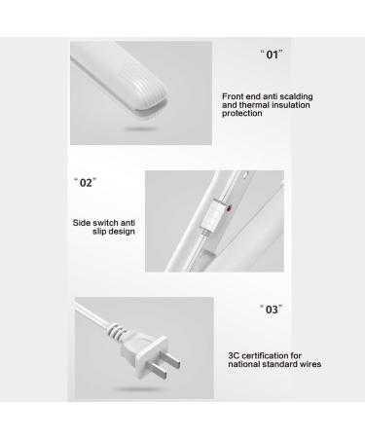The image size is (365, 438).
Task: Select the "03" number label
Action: point(273,310)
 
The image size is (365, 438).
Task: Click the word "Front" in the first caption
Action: point(235,95)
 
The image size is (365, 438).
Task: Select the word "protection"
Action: point(244,115)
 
